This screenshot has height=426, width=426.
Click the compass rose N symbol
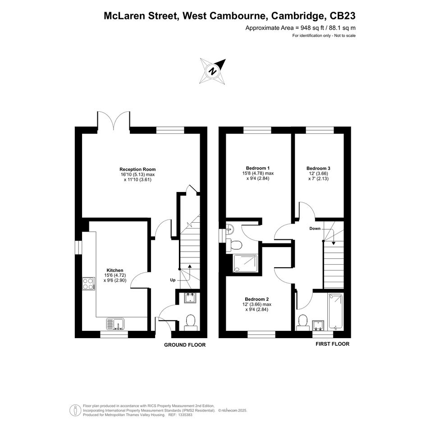(213, 71)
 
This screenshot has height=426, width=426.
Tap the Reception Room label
(137, 169)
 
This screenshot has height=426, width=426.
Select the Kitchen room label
(115, 270)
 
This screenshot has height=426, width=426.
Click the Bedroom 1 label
(258, 168)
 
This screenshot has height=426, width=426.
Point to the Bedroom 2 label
(257, 299)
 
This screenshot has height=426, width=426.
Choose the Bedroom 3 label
(318, 169)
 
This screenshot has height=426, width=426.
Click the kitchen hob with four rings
(88, 284)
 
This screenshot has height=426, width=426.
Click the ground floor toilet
(190, 322)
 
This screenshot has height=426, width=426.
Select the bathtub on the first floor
(336, 311)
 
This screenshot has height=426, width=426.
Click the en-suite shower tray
(245, 263)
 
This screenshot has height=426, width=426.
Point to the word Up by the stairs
(173, 280)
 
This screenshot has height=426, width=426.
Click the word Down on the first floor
(315, 229)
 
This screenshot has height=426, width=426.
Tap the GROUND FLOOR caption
(185, 345)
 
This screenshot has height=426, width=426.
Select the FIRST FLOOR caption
(332, 344)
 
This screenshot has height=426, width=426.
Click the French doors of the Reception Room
(114, 119)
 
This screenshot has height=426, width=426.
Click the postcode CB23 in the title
(342, 16)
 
